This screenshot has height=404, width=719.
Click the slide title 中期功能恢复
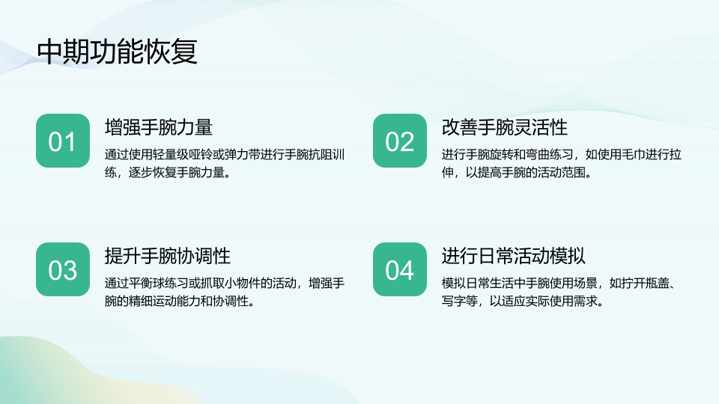118,52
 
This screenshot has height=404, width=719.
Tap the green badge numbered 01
63,141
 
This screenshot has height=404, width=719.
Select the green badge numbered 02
400,141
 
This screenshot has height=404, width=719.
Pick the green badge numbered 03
63,269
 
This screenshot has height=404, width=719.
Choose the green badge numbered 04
400,269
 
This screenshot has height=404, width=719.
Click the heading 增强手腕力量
159,127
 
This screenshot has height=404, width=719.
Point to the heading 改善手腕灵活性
505,127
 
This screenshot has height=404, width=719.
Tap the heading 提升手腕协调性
167,256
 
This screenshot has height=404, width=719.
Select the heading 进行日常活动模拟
514,256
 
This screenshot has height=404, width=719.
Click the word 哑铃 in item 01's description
201,154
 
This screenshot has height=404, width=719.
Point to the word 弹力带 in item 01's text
242,154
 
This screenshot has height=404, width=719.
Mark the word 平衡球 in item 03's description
146,283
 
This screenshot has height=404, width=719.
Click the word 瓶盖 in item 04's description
657,283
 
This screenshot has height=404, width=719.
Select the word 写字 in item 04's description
454,301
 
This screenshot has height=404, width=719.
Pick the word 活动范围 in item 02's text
562,172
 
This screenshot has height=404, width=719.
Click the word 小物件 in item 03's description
242,283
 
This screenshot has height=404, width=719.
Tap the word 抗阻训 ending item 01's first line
327,154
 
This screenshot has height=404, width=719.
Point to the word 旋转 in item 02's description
501,154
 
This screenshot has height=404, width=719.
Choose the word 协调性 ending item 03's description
230,301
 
